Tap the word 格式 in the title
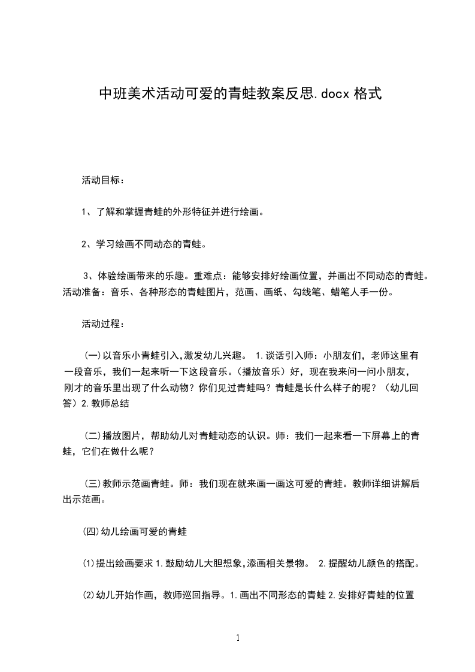(x=367, y=94)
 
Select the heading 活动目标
(x=103, y=180)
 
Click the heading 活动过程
(x=103, y=325)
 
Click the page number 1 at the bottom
(x=238, y=638)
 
